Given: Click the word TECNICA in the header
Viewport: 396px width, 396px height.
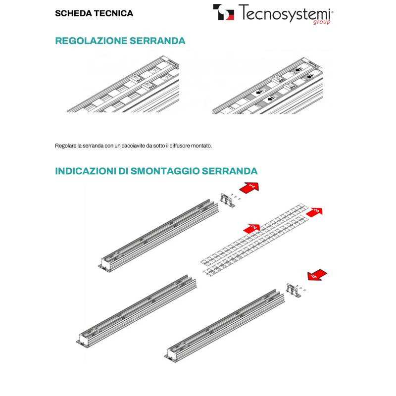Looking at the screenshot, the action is (x=115, y=13).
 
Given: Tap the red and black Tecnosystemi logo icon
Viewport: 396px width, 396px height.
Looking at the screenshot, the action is (x=224, y=12).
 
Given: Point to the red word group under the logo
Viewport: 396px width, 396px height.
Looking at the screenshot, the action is (x=322, y=22).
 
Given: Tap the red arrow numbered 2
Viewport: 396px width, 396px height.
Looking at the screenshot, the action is (x=252, y=227).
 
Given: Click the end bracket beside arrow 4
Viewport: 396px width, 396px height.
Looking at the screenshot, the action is (x=294, y=290).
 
